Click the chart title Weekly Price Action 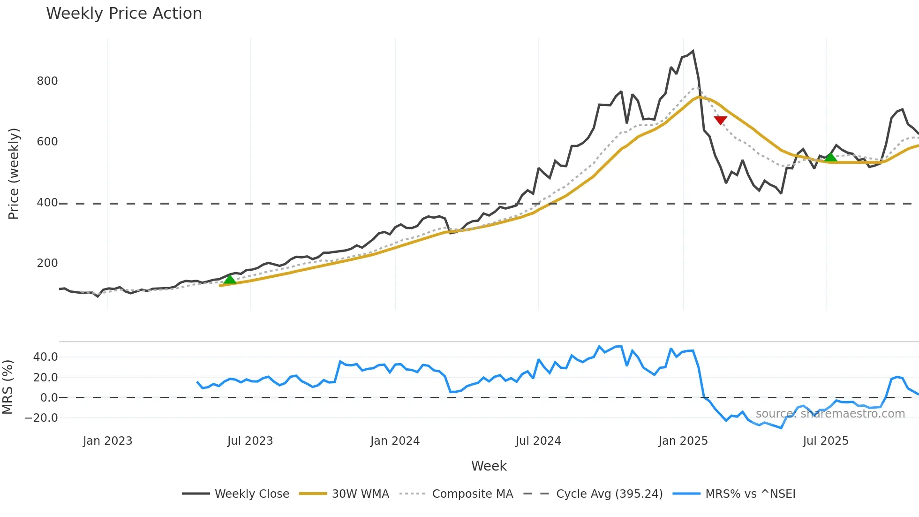click(x=124, y=14)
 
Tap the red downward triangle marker click(x=720, y=120)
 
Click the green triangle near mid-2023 click(x=229, y=280)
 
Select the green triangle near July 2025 click(x=830, y=157)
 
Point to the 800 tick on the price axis click(x=47, y=81)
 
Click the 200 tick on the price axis click(x=47, y=263)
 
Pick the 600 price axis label click(x=47, y=142)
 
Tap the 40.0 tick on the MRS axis click(x=45, y=357)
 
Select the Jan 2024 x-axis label click(x=395, y=441)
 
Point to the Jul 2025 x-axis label click(x=825, y=441)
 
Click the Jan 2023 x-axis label click(x=107, y=441)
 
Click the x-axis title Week click(x=489, y=466)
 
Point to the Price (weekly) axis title click(x=14, y=174)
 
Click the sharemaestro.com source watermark click(x=830, y=414)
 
